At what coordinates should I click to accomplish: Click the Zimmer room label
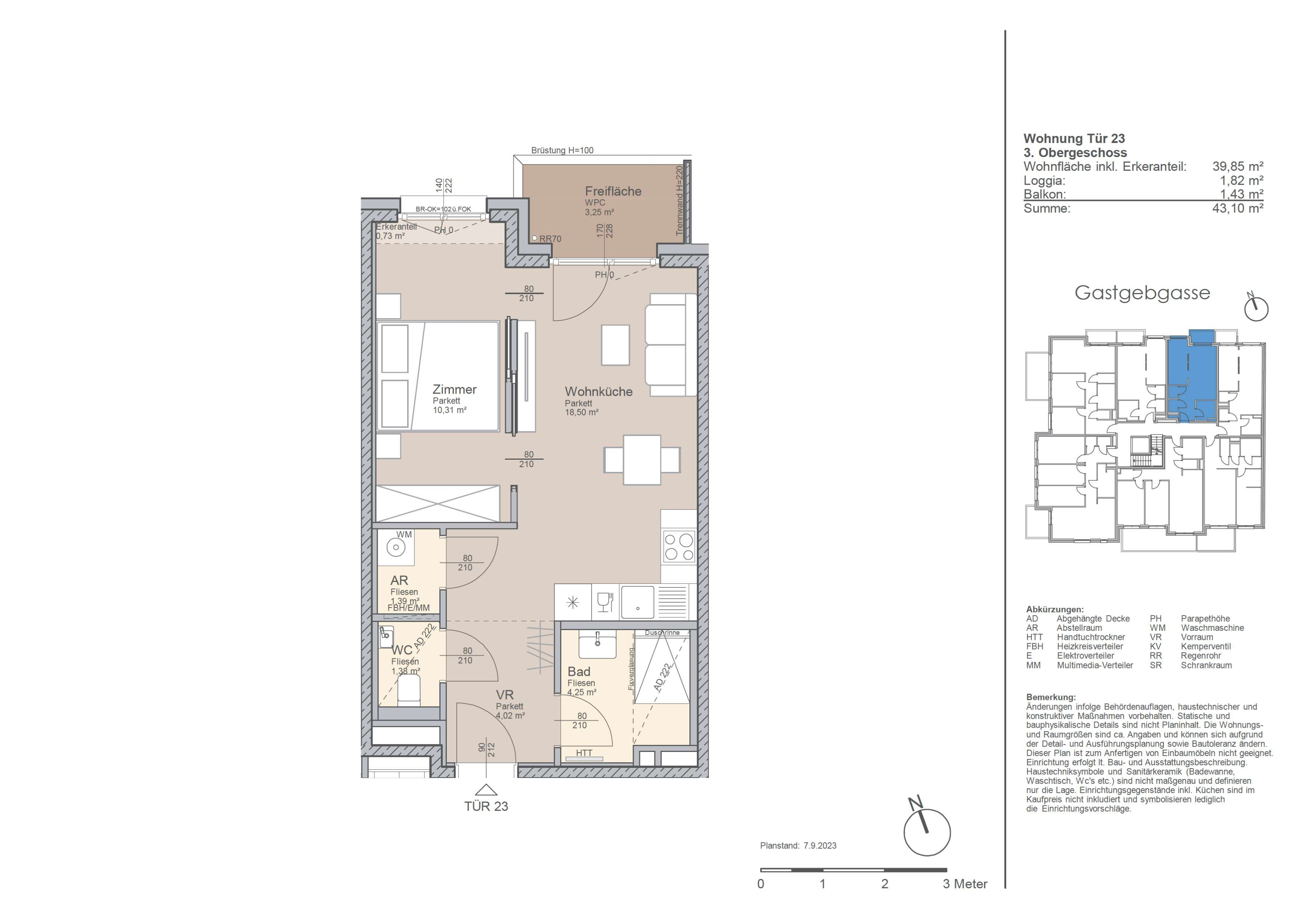(454, 390)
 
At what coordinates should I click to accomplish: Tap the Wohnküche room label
(598, 392)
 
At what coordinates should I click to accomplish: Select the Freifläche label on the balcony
(613, 191)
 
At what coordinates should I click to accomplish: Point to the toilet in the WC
(409, 691)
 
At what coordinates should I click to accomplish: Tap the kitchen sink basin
(637, 602)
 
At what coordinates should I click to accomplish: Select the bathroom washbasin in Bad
(597, 645)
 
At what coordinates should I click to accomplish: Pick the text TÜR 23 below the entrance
(486, 806)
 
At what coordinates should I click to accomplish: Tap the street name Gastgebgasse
(1142, 293)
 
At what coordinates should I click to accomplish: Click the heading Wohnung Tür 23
(1074, 138)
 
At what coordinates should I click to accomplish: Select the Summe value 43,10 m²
(1238, 208)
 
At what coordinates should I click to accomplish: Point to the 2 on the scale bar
(884, 884)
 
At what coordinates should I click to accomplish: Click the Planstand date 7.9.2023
(820, 845)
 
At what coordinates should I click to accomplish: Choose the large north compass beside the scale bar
(926, 830)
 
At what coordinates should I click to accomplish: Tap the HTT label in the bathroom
(584, 753)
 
